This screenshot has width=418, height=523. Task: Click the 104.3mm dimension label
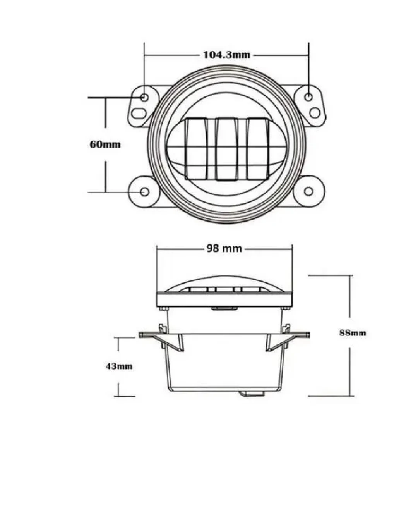point(226,55)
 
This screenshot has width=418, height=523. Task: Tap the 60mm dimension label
point(105,145)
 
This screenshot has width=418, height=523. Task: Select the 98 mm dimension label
point(224,248)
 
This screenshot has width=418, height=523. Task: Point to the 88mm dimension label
point(353,333)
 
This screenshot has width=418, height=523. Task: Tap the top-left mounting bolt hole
point(144,98)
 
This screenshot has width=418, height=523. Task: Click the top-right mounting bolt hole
point(309,97)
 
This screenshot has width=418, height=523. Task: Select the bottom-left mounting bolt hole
point(144,192)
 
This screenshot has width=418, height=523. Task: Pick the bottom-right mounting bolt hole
point(308,191)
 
